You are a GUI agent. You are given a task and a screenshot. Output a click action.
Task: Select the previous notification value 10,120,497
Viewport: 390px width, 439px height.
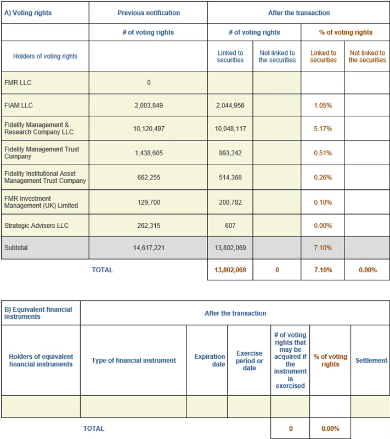click(x=148, y=129)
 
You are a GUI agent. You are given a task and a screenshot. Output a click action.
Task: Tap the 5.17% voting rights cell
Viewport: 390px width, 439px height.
click(x=323, y=129)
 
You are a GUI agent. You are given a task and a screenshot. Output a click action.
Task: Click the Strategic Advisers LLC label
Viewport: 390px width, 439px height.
click(x=36, y=226)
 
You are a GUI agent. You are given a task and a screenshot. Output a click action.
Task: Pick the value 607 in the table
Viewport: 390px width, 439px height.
click(x=230, y=226)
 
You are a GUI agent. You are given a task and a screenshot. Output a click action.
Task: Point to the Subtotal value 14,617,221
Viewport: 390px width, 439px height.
click(x=148, y=248)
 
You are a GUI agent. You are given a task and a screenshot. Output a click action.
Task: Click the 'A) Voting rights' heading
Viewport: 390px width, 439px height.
click(x=28, y=13)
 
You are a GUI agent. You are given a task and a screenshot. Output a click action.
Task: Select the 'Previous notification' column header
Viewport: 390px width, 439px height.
click(x=148, y=13)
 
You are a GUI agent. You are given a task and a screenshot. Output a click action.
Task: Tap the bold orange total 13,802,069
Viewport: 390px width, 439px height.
click(x=230, y=270)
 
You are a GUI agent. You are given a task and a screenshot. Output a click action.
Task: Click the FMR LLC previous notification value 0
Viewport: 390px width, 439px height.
click(x=148, y=83)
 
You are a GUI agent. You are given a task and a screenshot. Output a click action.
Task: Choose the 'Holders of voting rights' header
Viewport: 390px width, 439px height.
click(x=45, y=56)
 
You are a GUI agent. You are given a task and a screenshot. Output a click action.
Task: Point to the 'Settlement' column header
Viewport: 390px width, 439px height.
click(x=371, y=361)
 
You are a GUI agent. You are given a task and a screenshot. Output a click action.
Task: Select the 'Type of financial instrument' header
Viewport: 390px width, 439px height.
click(x=133, y=361)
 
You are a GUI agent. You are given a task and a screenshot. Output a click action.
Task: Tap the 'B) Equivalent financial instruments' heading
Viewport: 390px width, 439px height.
click(x=38, y=313)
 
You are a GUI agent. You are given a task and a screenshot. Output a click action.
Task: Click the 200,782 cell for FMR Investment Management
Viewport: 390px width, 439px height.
click(x=230, y=202)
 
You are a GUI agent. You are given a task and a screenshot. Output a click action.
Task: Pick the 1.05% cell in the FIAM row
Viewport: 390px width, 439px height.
click(x=323, y=105)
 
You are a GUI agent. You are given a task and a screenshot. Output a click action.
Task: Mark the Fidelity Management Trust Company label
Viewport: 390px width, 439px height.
click(x=42, y=153)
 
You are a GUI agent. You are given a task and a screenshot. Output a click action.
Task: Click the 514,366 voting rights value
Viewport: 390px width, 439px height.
click(x=230, y=178)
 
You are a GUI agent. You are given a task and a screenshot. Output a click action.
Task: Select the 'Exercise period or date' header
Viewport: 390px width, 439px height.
click(x=249, y=361)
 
